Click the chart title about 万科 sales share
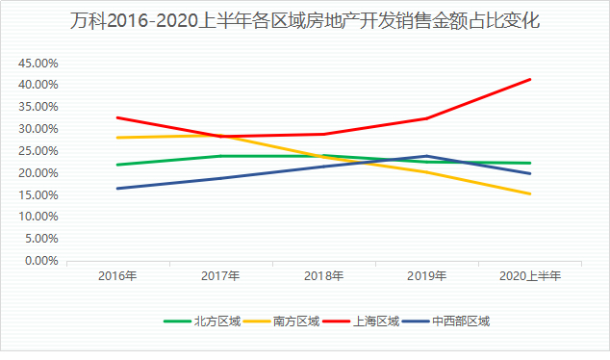coord(305,20)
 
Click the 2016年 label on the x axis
coord(117,276)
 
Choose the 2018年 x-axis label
coord(323,276)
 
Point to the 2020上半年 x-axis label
coord(530,276)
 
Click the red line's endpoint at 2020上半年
coord(530,79)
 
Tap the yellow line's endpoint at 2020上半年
coord(530,193)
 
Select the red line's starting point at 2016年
coord(117,117)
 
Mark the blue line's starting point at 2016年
coord(117,189)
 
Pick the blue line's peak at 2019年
coord(427,156)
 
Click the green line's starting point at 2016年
coord(117,165)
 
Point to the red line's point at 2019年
coord(427,118)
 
